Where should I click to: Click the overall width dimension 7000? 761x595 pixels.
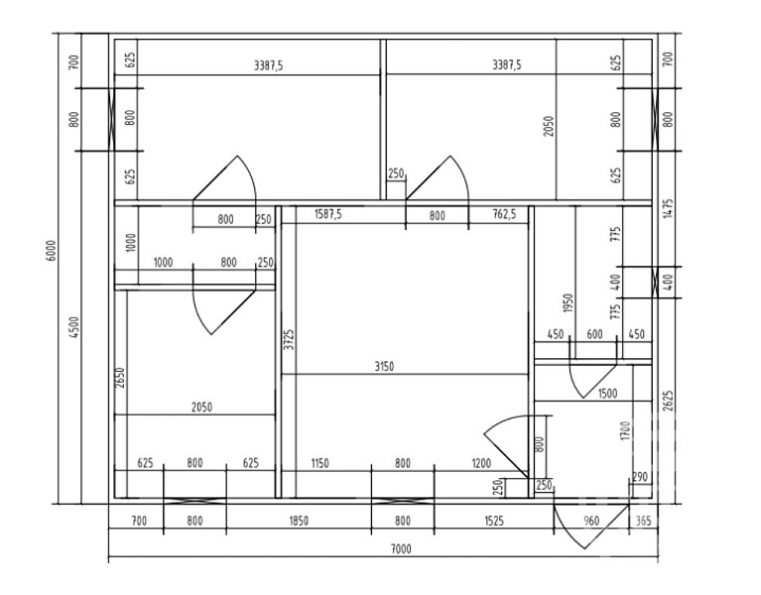[x=401, y=548]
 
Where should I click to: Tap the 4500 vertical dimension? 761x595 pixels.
[x=74, y=327]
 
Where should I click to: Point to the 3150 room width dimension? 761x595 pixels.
[x=384, y=366]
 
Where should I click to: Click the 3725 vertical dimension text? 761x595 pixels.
[x=289, y=339]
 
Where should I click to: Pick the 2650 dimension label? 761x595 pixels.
[x=120, y=377]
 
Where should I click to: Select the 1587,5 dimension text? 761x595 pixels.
[x=328, y=214]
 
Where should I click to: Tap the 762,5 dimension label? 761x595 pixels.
[x=505, y=214]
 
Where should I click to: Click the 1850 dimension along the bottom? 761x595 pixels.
[x=299, y=521]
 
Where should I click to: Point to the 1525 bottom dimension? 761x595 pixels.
[x=493, y=521]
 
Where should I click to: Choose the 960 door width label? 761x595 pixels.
[x=591, y=521]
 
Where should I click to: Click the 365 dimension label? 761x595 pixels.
[x=643, y=521]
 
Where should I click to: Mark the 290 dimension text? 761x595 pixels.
[x=640, y=477]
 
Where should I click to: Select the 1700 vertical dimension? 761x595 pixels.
[x=626, y=430]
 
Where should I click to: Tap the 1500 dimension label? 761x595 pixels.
[x=607, y=393]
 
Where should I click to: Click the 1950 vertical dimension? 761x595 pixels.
[x=569, y=303]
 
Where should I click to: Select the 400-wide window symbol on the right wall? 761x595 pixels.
[x=655, y=282]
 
